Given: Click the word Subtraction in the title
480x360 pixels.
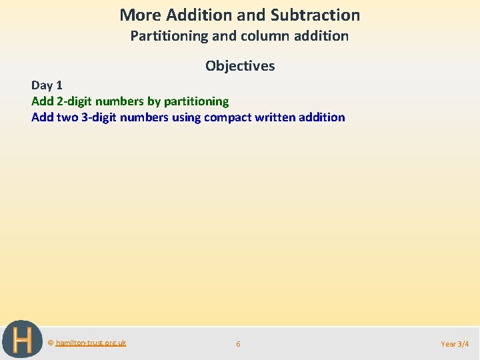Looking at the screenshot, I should click(315, 15).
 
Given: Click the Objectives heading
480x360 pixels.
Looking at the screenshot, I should click(240, 65).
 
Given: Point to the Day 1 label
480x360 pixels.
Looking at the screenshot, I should click(47, 85).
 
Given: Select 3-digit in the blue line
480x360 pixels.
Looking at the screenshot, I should click(103, 117).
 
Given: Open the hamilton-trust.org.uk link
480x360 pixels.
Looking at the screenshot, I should click(91, 343).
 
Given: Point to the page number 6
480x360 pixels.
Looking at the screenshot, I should click(238, 344).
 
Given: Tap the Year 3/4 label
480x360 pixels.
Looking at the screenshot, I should click(455, 344).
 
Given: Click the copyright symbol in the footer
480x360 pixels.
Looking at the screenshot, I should click(51, 343).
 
